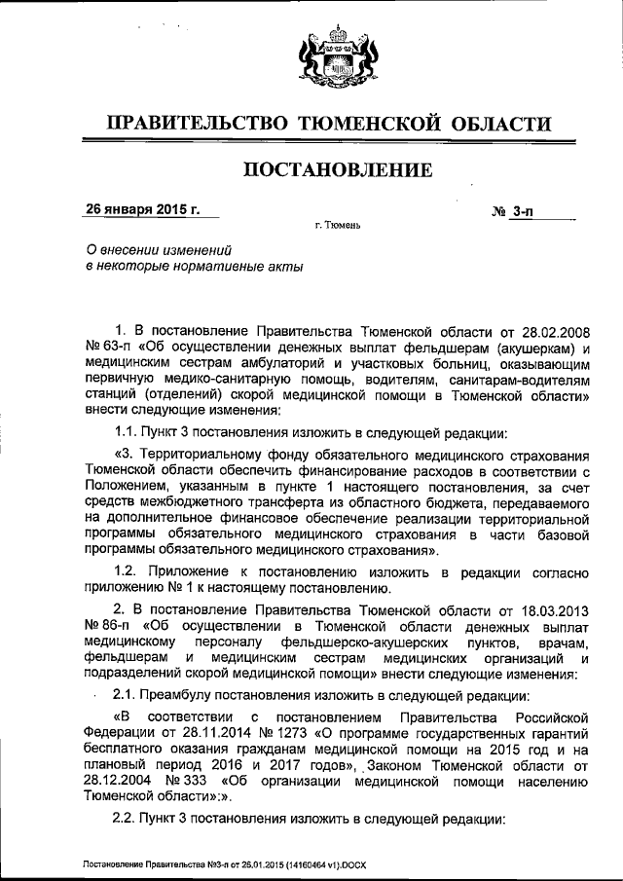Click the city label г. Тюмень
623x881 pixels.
[338, 226]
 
